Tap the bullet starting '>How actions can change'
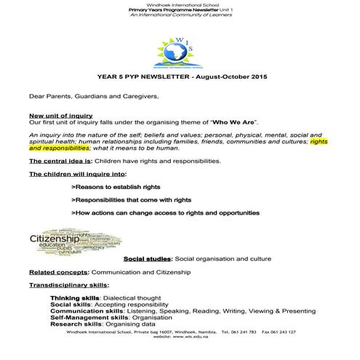165,212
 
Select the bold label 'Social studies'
147,258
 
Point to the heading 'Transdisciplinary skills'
69,285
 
